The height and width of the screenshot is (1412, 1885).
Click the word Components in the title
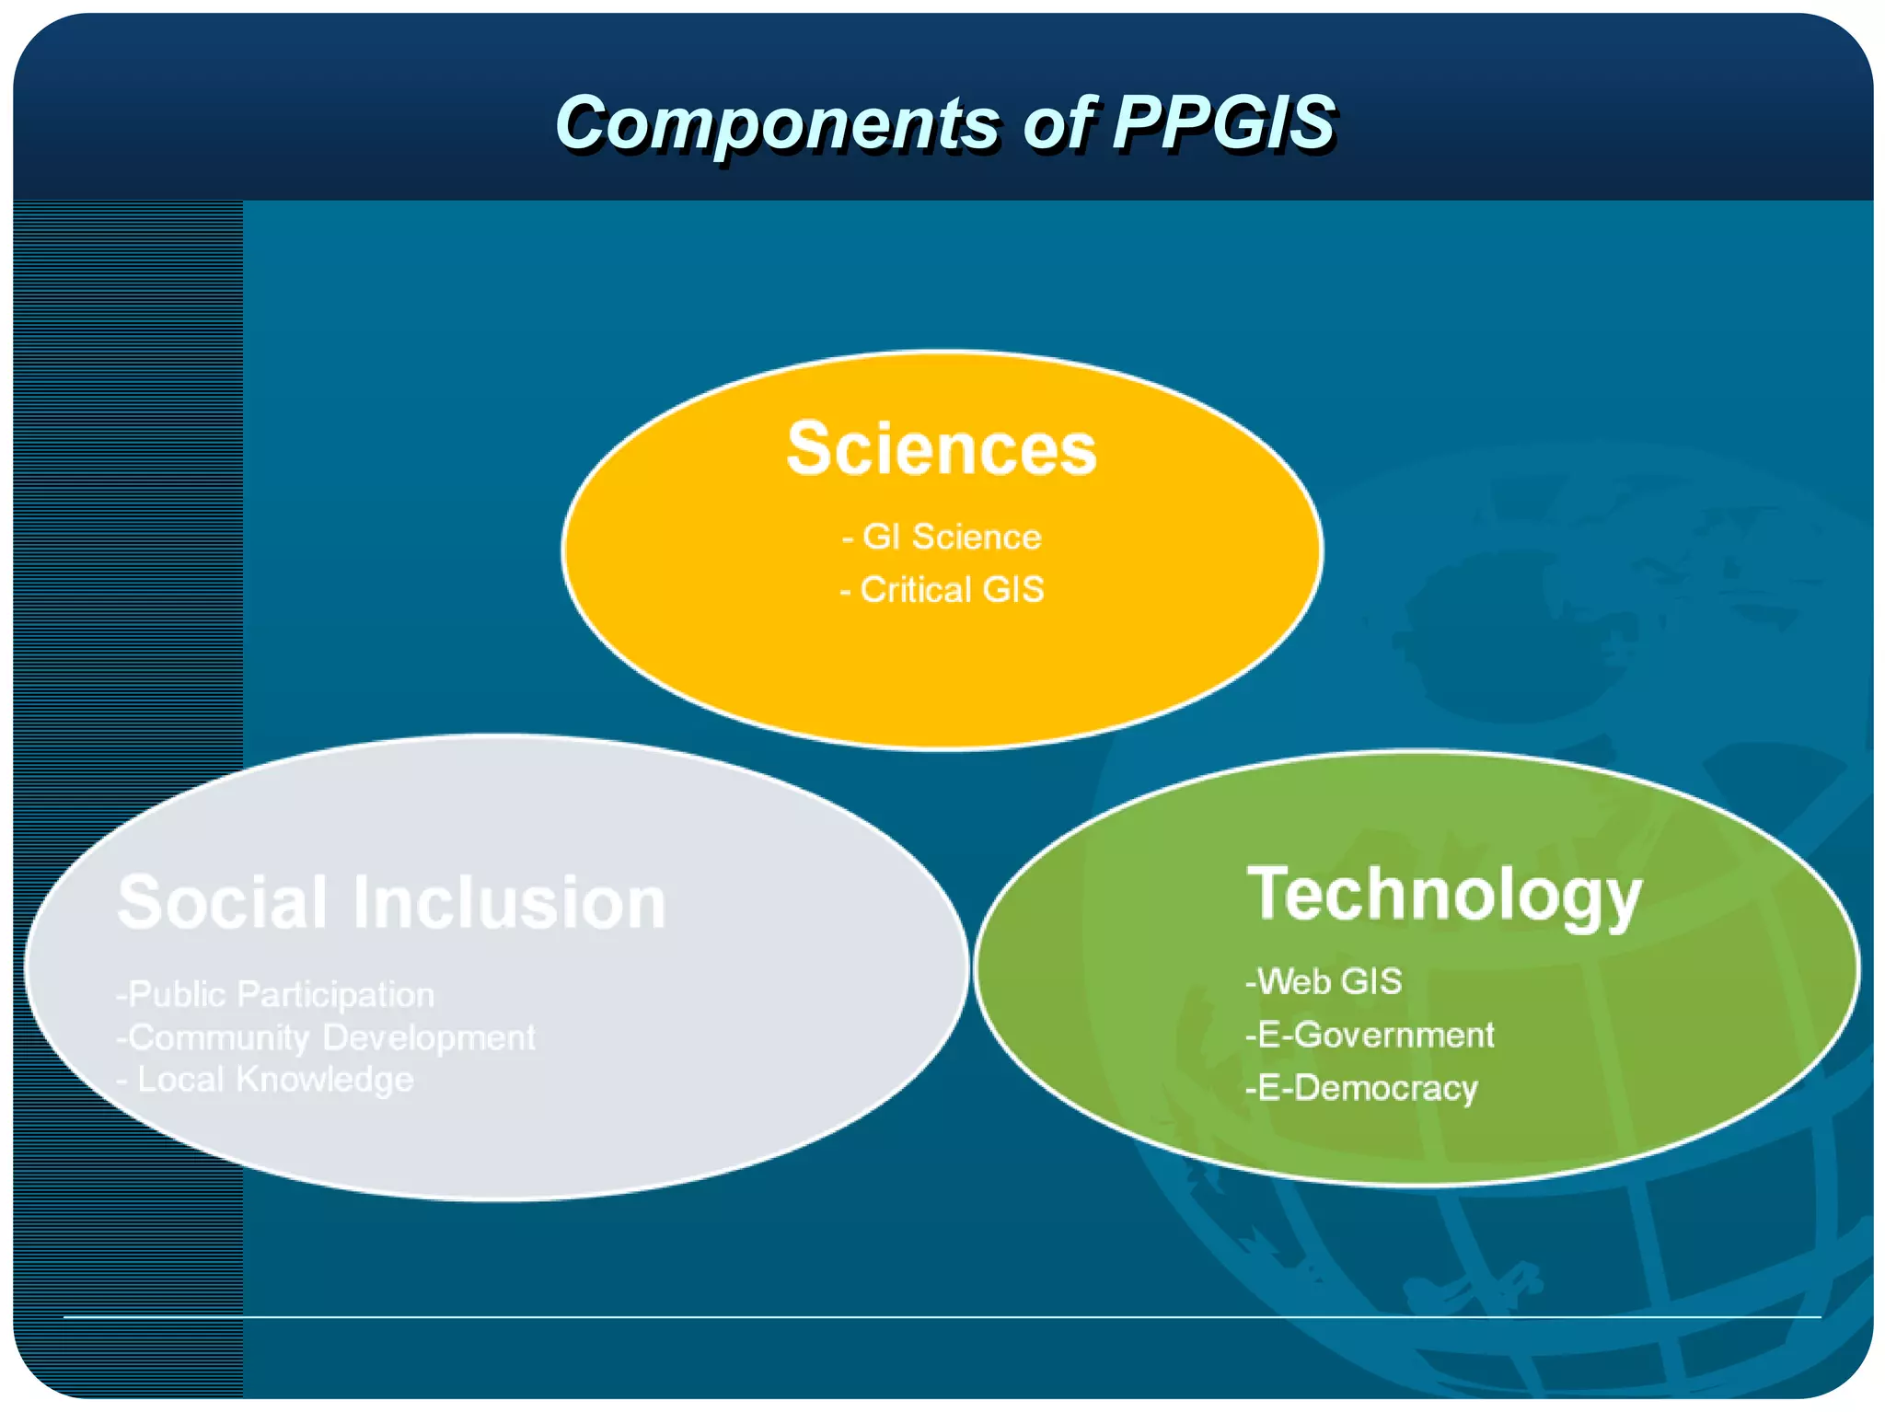click(776, 123)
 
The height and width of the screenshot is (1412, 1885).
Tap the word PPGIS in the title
click(1223, 122)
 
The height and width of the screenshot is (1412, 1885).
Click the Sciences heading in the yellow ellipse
click(942, 449)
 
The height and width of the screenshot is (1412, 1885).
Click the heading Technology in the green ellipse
click(1443, 895)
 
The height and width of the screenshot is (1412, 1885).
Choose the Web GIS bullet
click(1324, 982)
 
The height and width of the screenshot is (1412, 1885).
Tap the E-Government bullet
click(1370, 1036)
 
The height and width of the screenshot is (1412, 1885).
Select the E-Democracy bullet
click(1361, 1089)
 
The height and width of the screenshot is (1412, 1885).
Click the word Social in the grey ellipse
click(222, 903)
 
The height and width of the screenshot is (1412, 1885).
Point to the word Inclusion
click(509, 903)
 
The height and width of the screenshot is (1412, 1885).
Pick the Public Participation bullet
click(275, 995)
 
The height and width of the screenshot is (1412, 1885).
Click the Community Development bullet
click(326, 1038)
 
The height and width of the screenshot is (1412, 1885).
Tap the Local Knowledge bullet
click(267, 1080)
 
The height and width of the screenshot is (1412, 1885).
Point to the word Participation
click(335, 995)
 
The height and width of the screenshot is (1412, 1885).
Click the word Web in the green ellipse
click(1294, 982)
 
